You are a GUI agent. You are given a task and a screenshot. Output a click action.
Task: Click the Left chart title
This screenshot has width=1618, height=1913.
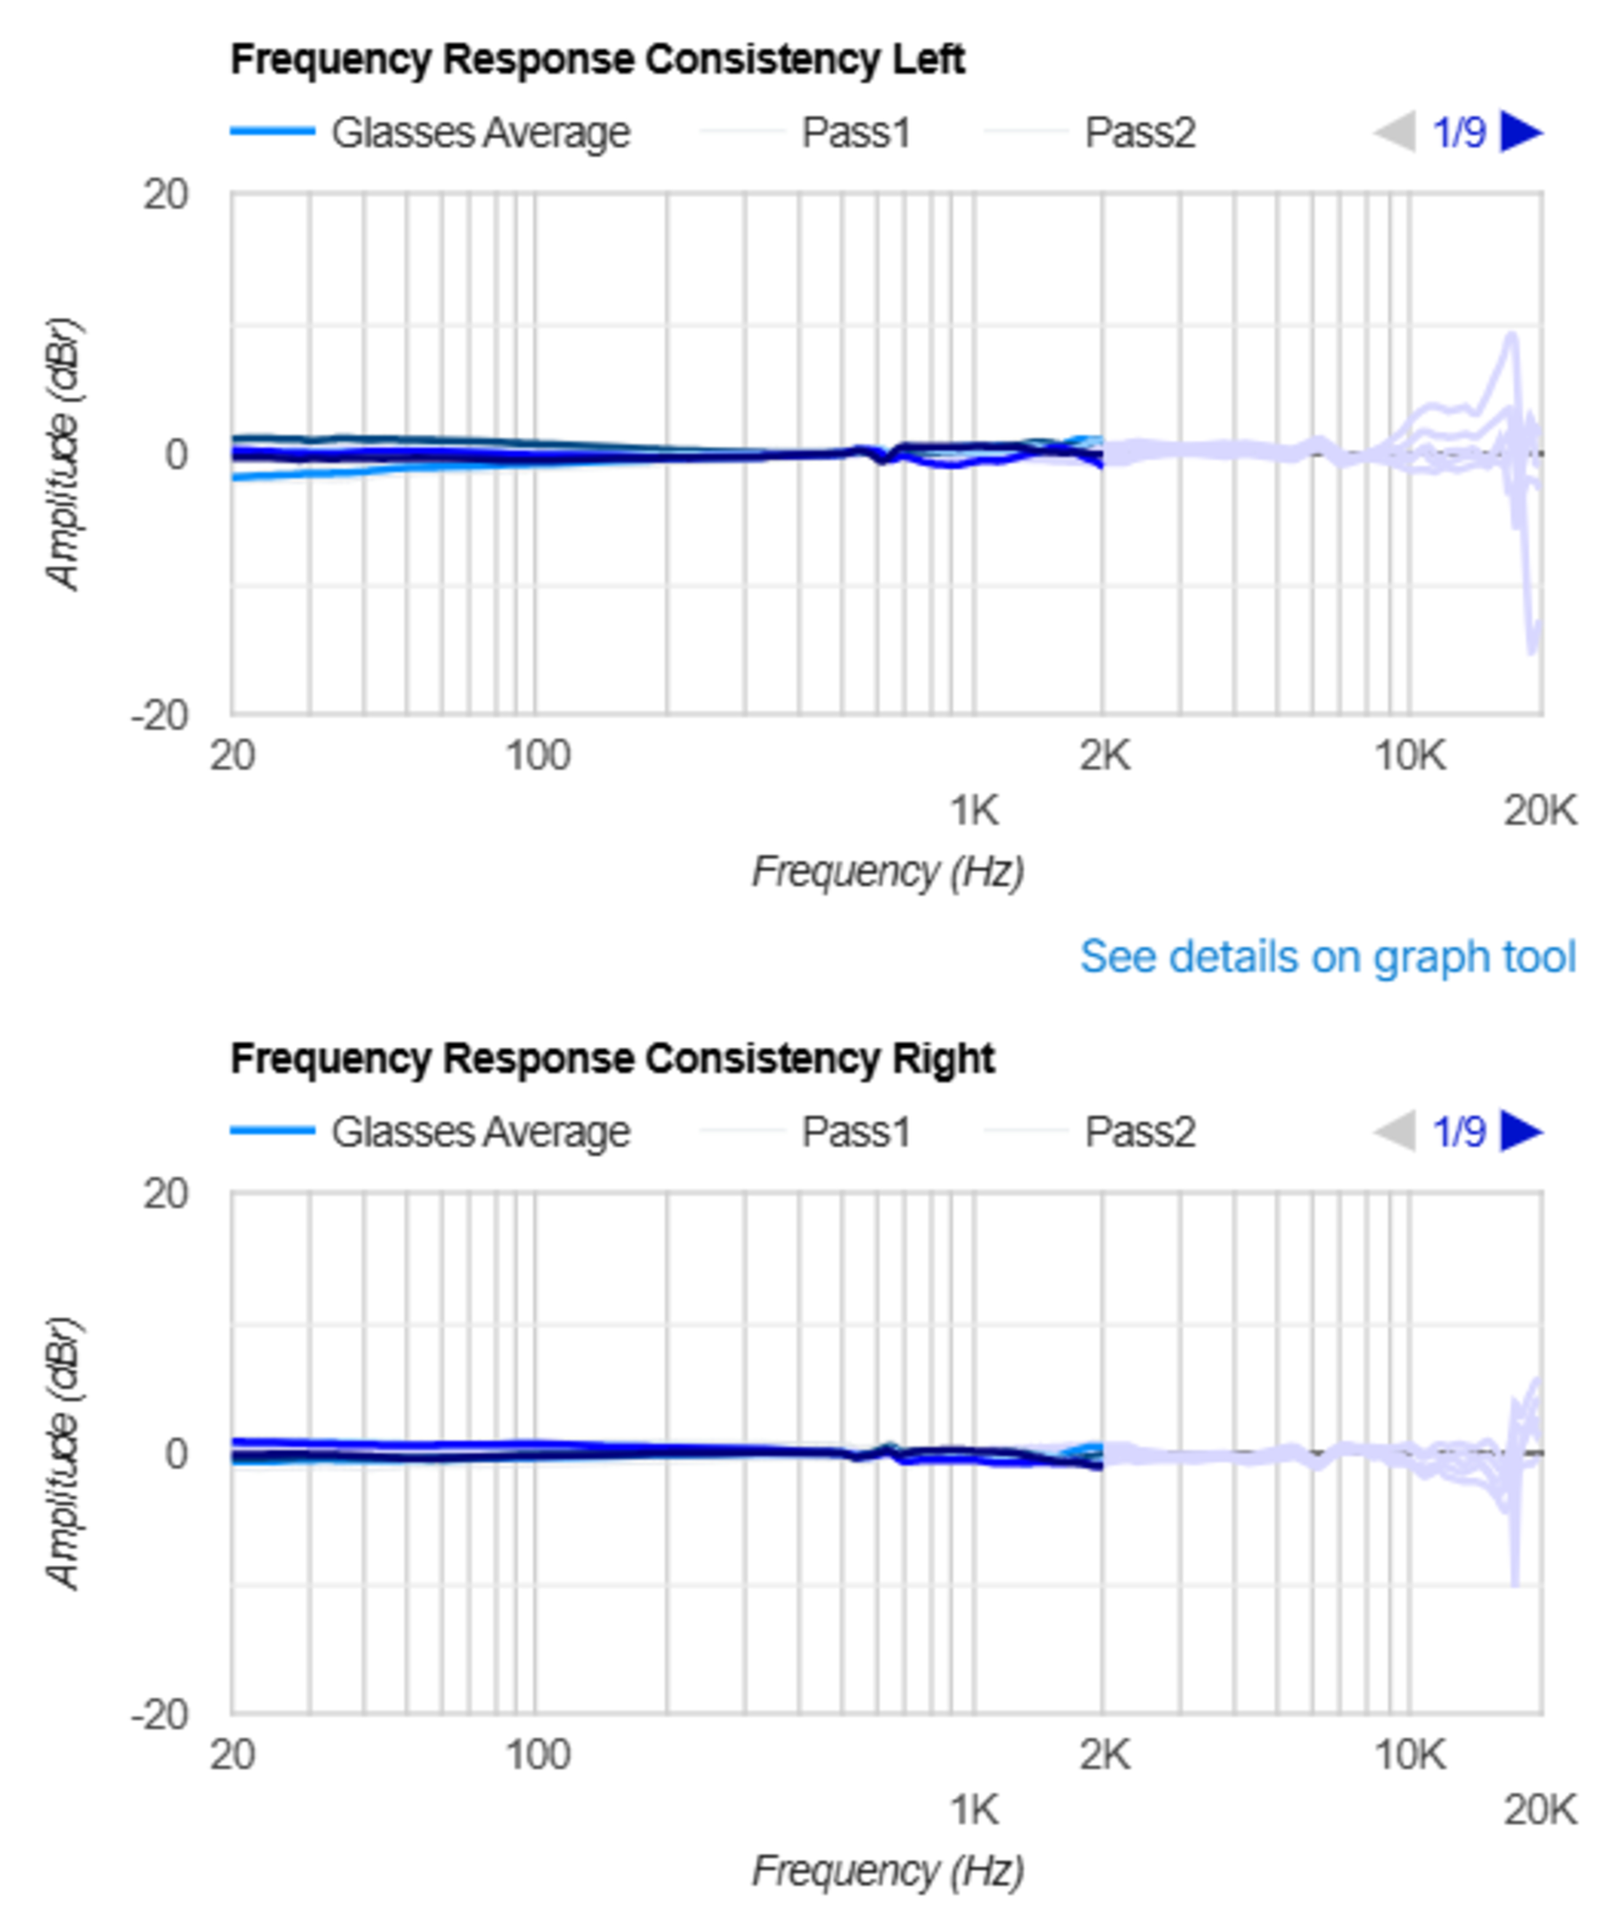click(x=597, y=59)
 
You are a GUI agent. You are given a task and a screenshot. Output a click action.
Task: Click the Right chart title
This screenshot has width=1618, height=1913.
click(x=612, y=1059)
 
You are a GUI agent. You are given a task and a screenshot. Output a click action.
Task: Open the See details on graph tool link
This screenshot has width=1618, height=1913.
click(x=1327, y=957)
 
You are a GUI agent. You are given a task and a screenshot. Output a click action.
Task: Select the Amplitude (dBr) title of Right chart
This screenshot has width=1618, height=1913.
click(x=62, y=1454)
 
